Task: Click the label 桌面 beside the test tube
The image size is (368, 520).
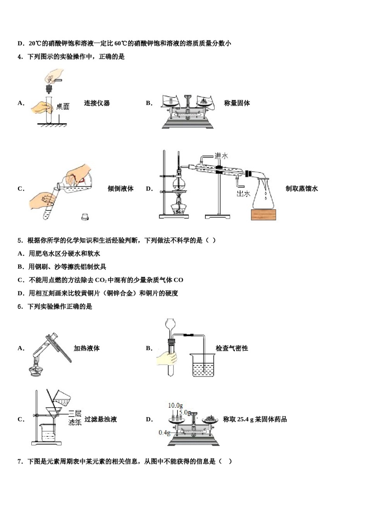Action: pos(63,106)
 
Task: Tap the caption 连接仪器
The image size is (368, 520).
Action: pos(97,103)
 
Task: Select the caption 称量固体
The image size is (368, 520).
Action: pos(237,103)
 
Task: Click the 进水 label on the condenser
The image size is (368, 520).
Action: pos(221,156)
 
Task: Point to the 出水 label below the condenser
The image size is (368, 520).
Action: pos(243,193)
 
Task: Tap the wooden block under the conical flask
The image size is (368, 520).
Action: pos(263,215)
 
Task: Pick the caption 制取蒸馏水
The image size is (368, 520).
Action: pos(301,188)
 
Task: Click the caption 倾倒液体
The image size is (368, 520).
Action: pos(120,188)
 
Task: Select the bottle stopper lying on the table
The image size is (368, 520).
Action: pos(85,217)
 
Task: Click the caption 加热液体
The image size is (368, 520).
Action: pos(86,348)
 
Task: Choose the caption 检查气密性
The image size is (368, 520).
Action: pos(232,348)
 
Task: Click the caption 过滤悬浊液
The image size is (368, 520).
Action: pos(101,419)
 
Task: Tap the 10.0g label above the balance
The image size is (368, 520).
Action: pos(175,405)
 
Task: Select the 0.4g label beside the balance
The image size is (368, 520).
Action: pos(164,432)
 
